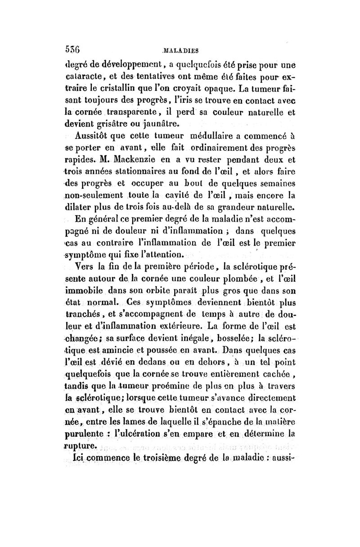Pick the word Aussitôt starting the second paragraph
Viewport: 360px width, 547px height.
(92, 135)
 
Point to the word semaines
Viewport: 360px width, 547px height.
(275, 183)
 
